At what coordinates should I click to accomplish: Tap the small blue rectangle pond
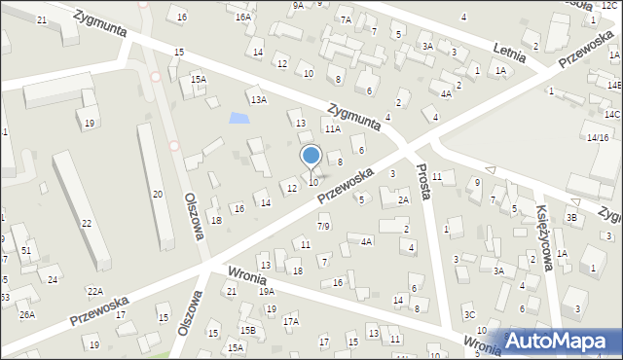click(238, 120)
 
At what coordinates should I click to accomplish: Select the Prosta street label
click(421, 187)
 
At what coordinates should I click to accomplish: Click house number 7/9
click(323, 227)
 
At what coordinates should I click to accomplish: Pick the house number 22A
click(94, 291)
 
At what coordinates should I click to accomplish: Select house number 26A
click(26, 314)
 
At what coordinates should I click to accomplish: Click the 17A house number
click(290, 321)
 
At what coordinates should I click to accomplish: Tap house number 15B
click(248, 331)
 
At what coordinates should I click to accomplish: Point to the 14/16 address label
click(597, 137)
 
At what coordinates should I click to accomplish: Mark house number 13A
click(258, 99)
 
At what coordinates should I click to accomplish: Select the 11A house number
click(333, 128)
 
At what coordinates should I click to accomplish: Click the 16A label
click(243, 17)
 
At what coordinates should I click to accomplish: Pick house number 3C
click(468, 314)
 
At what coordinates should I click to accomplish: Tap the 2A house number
click(403, 200)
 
